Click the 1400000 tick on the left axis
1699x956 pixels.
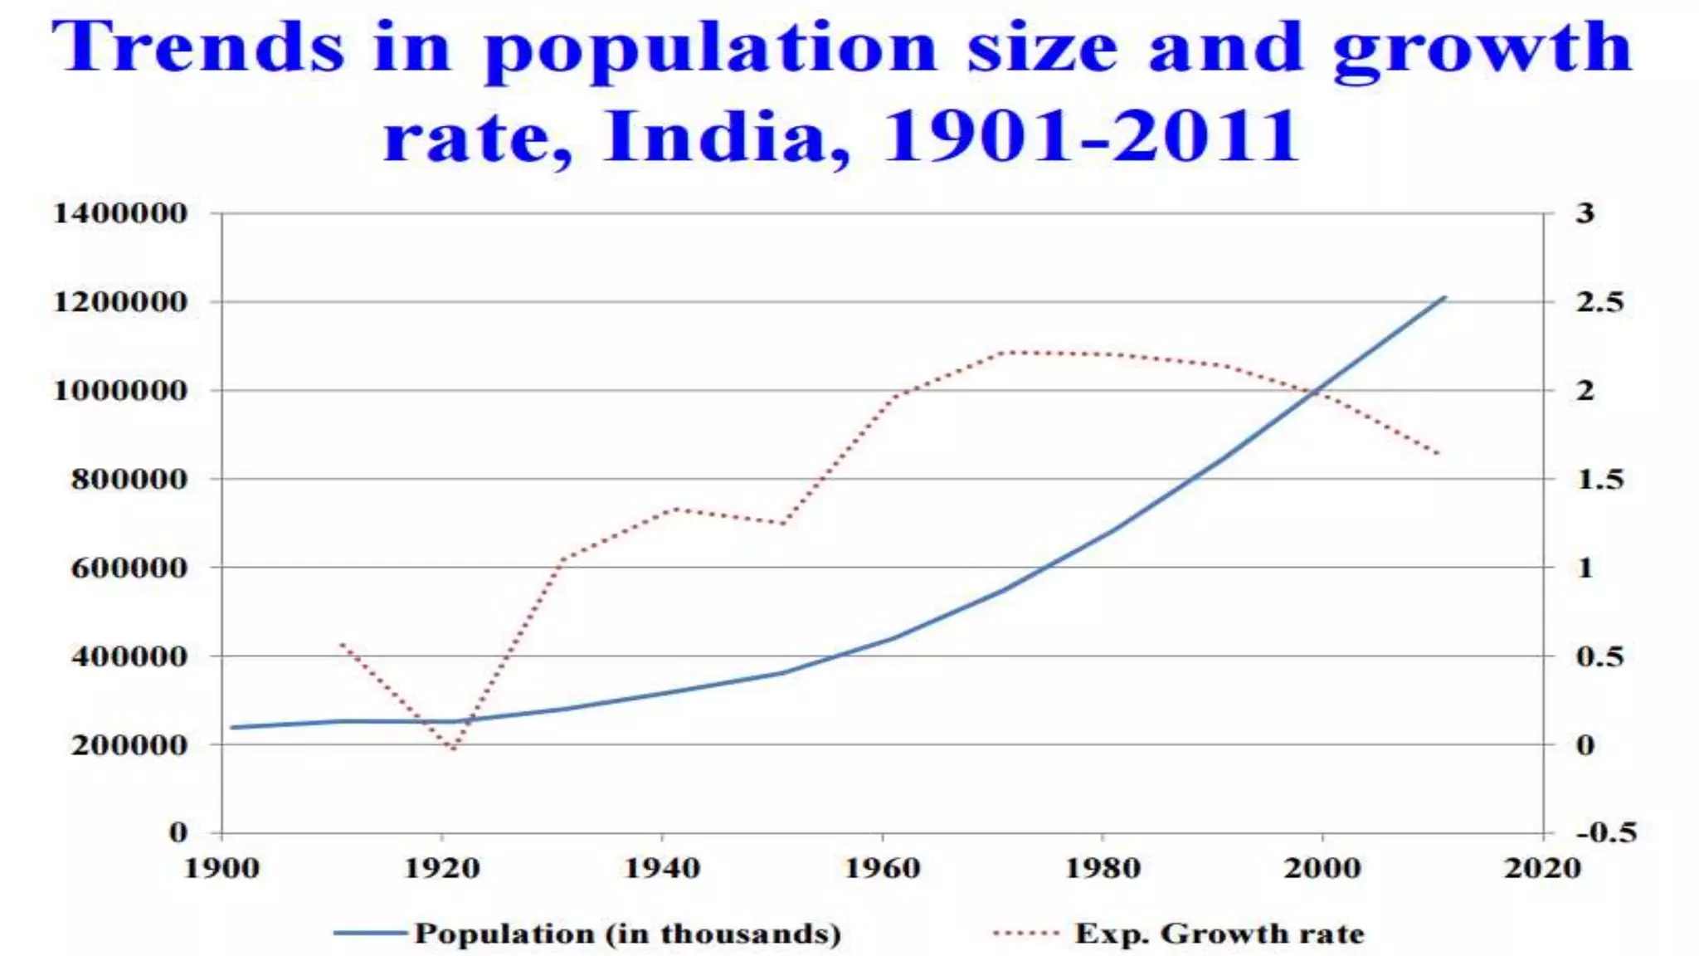(120, 214)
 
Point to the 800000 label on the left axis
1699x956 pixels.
(129, 480)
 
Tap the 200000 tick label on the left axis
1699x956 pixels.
(129, 745)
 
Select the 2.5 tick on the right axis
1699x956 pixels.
(1599, 302)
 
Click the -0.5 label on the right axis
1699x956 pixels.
(1606, 832)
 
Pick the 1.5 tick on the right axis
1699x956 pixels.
(1599, 480)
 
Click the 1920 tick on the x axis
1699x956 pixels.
(441, 869)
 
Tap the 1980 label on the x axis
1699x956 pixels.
(1102, 869)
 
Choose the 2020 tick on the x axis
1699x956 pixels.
(1542, 869)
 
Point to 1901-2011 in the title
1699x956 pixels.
(1090, 137)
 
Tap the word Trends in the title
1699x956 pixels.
(197, 48)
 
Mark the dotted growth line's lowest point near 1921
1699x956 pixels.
(453, 749)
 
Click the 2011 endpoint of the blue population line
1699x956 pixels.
(1444, 297)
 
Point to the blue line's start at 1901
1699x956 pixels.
(233, 728)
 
